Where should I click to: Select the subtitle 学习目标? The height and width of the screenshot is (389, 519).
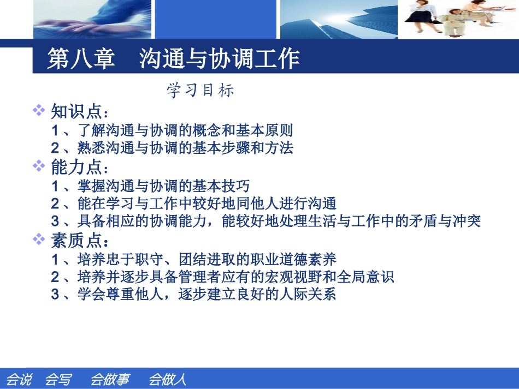coord(200,90)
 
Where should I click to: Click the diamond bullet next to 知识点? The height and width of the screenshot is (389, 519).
coord(39,110)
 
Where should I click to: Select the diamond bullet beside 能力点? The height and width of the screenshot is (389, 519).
coord(39,165)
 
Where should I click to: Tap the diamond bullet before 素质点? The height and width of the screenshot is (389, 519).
coord(39,238)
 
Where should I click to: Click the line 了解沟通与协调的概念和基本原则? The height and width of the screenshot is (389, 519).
coord(172,130)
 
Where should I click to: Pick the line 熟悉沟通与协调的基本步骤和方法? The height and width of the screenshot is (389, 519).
coord(172,148)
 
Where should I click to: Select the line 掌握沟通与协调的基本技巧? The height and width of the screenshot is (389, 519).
coord(151,186)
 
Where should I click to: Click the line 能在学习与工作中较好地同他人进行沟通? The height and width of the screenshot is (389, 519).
coord(194,204)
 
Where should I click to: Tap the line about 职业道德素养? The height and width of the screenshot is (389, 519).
coord(194,259)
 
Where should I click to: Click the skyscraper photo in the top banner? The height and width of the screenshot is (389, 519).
coord(338,19)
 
